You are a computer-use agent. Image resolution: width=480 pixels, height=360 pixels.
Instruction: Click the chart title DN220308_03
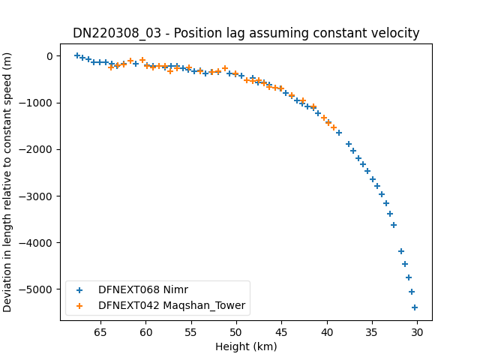click(117, 33)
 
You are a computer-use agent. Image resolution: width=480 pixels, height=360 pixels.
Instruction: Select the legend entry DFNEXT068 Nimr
click(143, 289)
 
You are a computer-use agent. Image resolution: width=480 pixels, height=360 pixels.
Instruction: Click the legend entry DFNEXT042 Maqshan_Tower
click(172, 305)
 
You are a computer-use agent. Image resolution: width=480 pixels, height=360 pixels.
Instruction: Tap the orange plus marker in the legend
click(79, 306)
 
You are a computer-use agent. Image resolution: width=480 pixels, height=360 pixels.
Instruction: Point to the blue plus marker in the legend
click(79, 290)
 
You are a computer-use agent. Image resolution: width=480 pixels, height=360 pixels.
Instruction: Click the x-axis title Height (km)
click(246, 346)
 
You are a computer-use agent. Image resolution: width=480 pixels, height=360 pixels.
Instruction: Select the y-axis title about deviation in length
click(7, 182)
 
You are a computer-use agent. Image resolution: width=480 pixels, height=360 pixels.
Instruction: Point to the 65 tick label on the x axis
click(100, 332)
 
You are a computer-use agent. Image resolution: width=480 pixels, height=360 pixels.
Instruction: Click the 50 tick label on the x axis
click(236, 332)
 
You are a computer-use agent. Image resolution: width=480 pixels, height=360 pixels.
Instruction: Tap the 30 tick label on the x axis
click(417, 332)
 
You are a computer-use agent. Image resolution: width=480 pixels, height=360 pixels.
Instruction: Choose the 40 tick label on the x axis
click(327, 332)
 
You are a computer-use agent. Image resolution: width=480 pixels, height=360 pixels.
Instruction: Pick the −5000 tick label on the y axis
click(35, 289)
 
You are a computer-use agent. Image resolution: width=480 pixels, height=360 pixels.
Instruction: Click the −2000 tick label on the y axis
click(35, 150)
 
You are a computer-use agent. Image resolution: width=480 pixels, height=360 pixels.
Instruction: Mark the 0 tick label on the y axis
click(49, 56)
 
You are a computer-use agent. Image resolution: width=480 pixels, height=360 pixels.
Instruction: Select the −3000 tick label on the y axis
click(35, 196)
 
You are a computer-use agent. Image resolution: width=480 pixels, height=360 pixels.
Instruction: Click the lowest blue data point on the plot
click(415, 307)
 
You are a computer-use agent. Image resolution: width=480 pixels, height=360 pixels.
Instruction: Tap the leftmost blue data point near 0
click(77, 55)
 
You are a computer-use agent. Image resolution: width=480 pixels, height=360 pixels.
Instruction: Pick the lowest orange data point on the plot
click(334, 127)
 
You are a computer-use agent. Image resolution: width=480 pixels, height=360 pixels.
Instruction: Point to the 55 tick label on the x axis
click(190, 332)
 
